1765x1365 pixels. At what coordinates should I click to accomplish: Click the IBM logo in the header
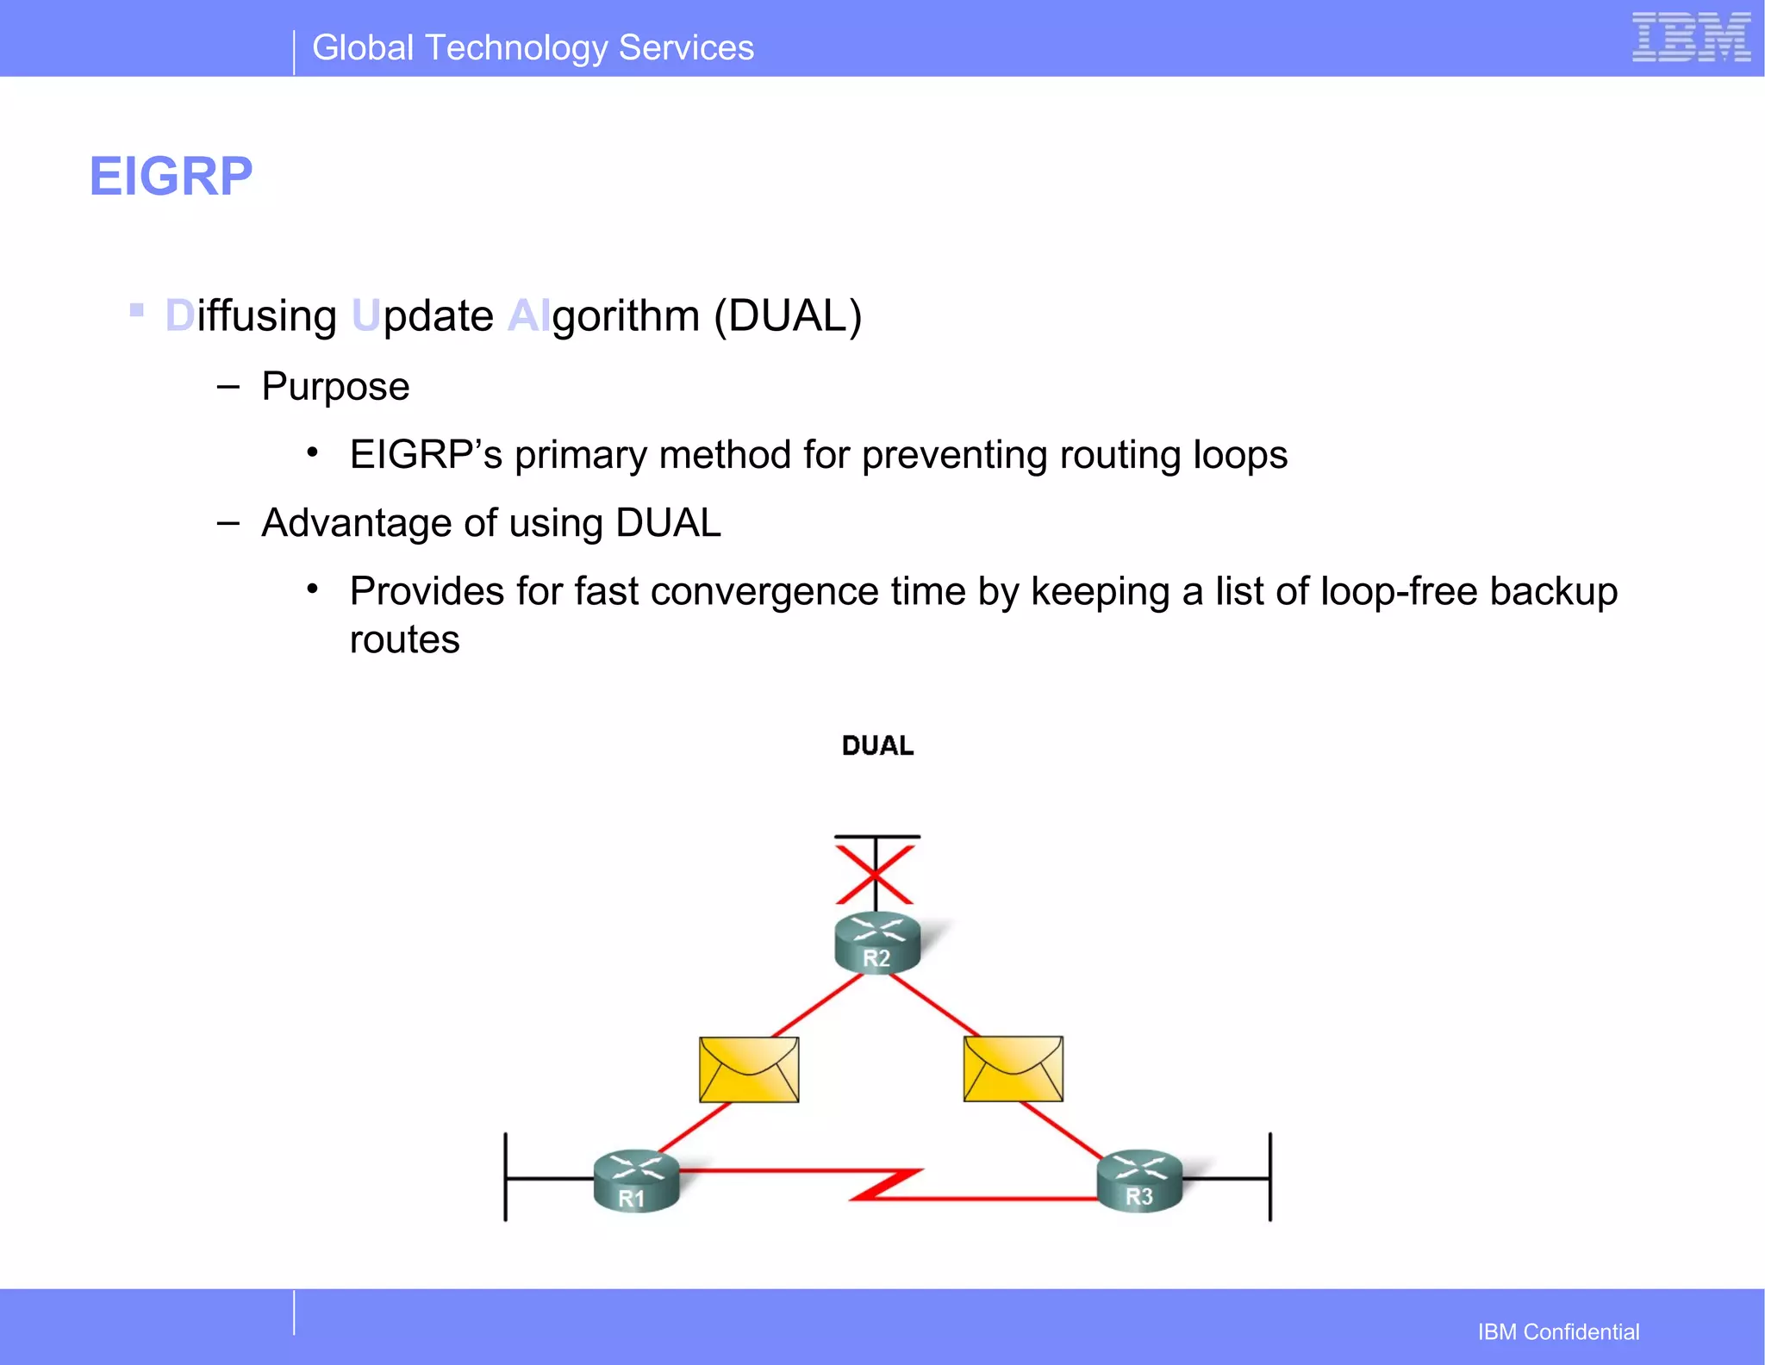(x=1691, y=38)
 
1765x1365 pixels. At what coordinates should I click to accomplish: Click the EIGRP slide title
(x=171, y=177)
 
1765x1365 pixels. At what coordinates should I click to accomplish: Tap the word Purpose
(x=335, y=386)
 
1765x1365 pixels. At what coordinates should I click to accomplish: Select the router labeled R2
(x=877, y=943)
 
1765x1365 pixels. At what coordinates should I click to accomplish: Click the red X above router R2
(x=875, y=875)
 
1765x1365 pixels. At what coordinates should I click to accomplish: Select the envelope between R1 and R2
(x=749, y=1069)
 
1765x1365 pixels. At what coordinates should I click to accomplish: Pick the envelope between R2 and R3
(x=1013, y=1069)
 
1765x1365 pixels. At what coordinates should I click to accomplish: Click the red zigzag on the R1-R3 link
(x=888, y=1184)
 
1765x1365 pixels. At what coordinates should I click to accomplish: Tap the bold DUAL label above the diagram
(x=877, y=745)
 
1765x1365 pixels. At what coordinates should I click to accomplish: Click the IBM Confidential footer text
(x=1558, y=1331)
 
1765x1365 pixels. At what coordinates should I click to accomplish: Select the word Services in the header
(x=686, y=48)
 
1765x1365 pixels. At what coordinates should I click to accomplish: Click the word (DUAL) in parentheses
(x=788, y=316)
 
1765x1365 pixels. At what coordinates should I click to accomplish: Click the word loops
(x=1239, y=455)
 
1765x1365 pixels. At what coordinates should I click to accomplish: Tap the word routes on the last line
(x=404, y=640)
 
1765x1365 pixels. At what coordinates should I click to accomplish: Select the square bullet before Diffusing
(x=136, y=309)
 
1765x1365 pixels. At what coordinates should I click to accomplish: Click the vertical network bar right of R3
(x=1269, y=1176)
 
